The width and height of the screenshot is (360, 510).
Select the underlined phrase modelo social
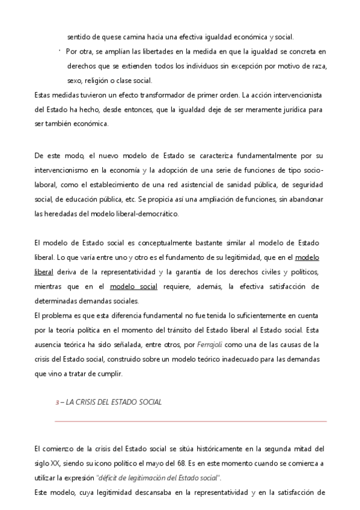134,286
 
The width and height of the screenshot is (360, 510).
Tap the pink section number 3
56,402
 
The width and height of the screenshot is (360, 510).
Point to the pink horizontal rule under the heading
191,422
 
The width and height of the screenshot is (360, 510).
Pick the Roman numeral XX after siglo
55,464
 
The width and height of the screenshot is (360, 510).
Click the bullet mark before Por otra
60,51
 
